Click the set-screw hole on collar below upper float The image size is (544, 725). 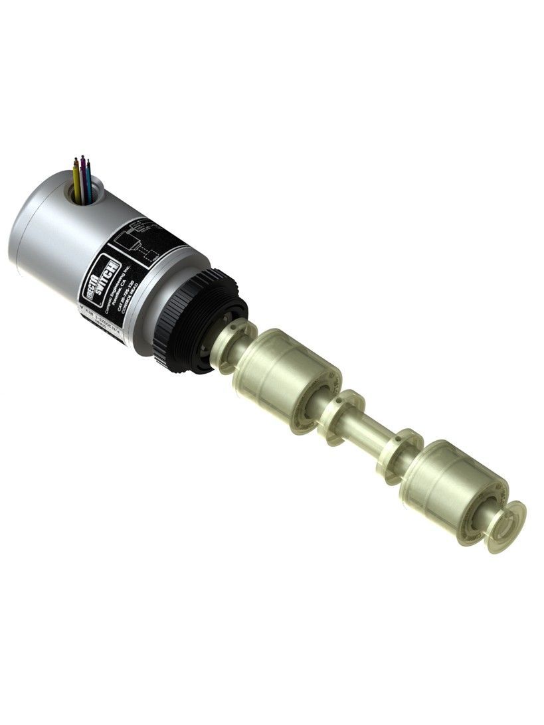pyautogui.click(x=339, y=402)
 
